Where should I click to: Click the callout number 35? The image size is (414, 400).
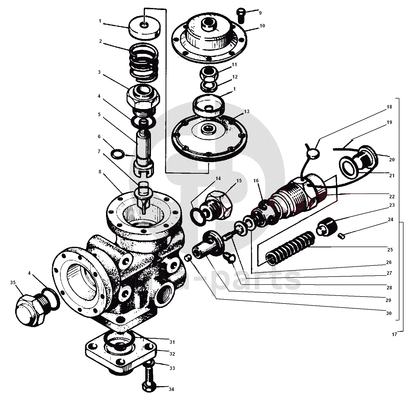click(x=13, y=283)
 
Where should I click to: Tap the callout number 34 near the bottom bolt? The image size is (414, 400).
click(x=171, y=389)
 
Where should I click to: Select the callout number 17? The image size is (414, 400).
click(x=394, y=335)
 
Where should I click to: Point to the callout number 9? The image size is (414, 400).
click(x=260, y=13)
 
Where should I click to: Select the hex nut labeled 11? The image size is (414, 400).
click(x=209, y=73)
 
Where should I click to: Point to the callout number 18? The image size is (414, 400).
click(x=389, y=107)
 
